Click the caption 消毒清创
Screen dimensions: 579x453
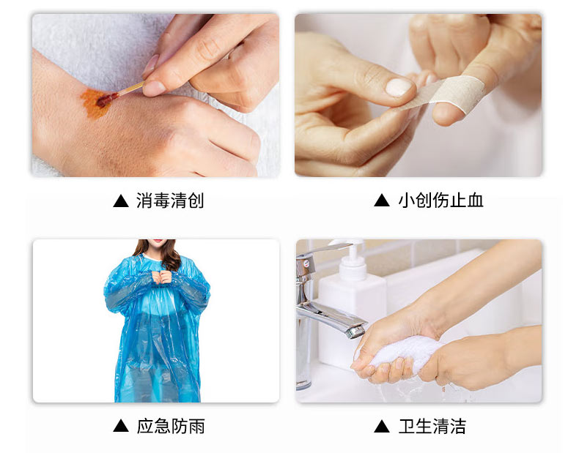pos(170,201)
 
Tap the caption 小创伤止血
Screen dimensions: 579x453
pos(440,201)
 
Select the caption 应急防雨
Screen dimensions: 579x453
pos(171,426)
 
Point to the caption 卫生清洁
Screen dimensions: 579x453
pos(432,426)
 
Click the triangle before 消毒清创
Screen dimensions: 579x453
pos(121,201)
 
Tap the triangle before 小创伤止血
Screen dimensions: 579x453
pos(382,201)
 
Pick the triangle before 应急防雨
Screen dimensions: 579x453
pos(121,426)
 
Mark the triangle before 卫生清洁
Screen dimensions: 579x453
pos(382,426)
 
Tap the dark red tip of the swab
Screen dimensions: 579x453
pos(107,100)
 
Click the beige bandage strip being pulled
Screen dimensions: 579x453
pos(443,92)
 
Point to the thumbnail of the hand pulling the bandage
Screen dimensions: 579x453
pos(398,87)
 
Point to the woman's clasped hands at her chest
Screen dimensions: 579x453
pos(162,277)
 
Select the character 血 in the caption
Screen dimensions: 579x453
pos(475,201)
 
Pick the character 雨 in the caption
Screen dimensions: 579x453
pos(196,427)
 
